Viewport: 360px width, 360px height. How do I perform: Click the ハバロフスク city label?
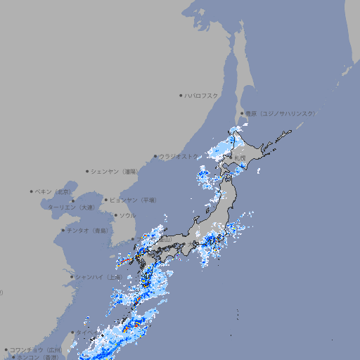tap(202, 95)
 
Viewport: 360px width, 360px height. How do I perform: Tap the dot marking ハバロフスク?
tap(181, 95)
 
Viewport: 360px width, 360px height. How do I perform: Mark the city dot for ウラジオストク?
tap(155, 156)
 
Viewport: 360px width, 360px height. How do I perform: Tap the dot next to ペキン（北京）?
tap(32, 191)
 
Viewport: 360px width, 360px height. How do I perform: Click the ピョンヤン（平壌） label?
tap(134, 200)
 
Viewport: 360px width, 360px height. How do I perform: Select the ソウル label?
tap(127, 215)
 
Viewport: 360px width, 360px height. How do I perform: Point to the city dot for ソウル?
tap(115, 215)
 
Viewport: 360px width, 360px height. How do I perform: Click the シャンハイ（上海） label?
tap(98, 277)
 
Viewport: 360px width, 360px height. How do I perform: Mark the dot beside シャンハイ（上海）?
tap(72, 277)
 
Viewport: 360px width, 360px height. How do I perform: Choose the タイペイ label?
tap(87, 332)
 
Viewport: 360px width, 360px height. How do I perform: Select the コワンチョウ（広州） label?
tap(36, 349)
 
